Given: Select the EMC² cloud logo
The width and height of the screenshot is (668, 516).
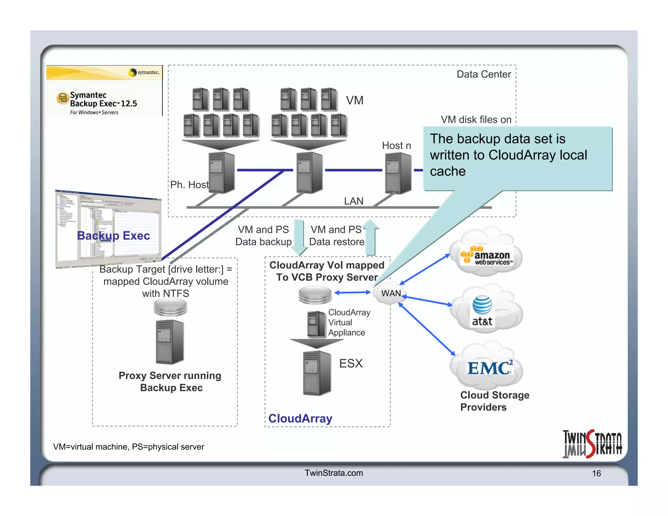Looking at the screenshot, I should (489, 368).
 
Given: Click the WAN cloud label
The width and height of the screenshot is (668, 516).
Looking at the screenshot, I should (391, 293).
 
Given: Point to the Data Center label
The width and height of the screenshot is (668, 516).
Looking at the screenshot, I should (483, 74).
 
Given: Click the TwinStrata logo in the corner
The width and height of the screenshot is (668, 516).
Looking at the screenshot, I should (592, 444).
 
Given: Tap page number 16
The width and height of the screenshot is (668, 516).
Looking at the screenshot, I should (596, 473).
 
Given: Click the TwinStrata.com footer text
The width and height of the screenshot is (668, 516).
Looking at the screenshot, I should (334, 473).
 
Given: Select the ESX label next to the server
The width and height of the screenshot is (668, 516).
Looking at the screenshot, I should (351, 363).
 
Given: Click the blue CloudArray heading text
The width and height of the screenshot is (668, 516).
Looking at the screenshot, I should (300, 418).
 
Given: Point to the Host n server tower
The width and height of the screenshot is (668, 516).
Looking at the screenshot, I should (398, 173).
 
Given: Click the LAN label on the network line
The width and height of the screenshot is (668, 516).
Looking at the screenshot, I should (354, 201).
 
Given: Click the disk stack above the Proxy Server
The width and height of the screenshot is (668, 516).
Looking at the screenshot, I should (170, 308).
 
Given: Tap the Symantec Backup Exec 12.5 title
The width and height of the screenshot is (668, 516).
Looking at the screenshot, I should (103, 99).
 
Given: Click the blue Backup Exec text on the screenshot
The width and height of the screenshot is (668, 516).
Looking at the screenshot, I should (114, 235).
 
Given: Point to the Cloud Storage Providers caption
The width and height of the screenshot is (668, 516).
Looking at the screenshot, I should (494, 401).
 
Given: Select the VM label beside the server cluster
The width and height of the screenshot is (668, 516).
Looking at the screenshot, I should (355, 100).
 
